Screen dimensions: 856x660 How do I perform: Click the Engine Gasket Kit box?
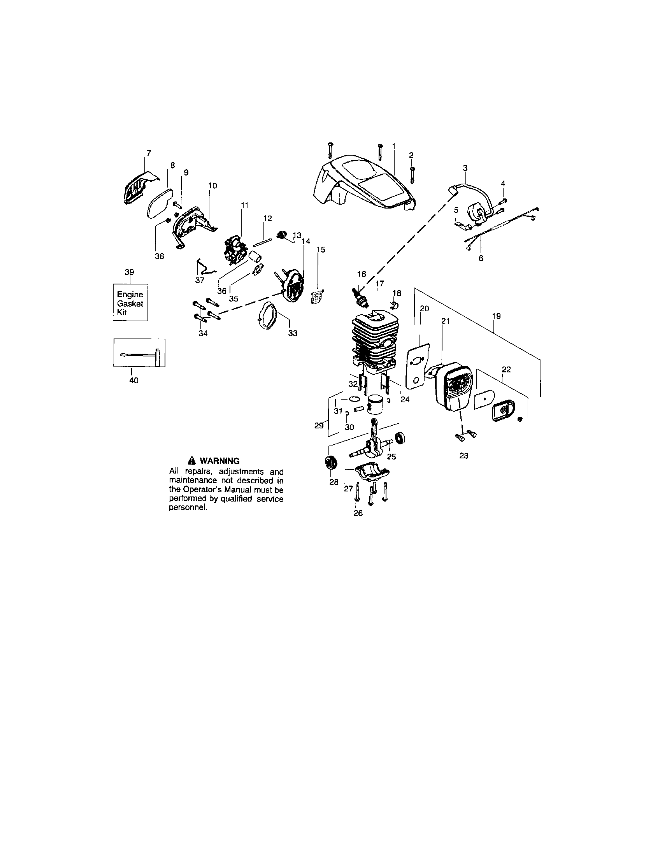[130, 303]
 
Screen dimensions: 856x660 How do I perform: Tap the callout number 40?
[133, 380]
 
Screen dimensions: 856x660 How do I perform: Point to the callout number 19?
[496, 316]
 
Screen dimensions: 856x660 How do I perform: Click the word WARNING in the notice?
[219, 461]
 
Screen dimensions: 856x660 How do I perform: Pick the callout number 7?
[149, 153]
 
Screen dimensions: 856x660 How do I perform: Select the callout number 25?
[391, 456]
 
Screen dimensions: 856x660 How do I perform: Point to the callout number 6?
[481, 258]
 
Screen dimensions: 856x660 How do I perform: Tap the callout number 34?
[203, 333]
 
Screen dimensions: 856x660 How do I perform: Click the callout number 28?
[334, 482]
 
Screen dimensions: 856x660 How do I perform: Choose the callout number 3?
[465, 168]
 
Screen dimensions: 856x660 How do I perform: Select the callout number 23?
[463, 456]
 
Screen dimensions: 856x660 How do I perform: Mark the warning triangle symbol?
[191, 461]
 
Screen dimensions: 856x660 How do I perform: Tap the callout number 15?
[321, 249]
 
